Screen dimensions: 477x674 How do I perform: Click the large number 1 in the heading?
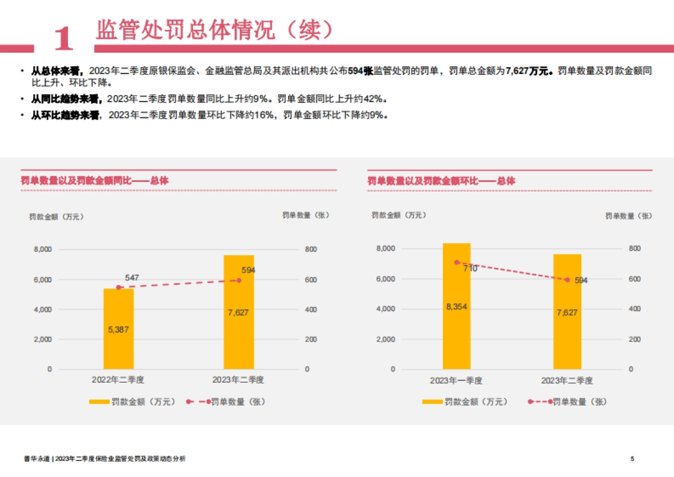(x=64, y=38)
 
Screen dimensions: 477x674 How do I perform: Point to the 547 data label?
(x=132, y=278)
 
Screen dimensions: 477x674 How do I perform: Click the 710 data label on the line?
(x=470, y=269)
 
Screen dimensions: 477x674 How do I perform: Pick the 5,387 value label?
(x=119, y=330)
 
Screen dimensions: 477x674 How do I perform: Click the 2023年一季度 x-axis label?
(x=456, y=380)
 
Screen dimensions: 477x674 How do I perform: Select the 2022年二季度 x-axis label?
(x=119, y=380)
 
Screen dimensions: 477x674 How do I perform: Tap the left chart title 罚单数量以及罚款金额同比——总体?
(x=94, y=181)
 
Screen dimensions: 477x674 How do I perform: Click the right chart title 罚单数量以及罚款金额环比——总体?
(x=441, y=181)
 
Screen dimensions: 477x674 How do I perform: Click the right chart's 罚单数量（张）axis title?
(x=629, y=216)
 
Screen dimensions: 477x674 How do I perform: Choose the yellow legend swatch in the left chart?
(x=99, y=402)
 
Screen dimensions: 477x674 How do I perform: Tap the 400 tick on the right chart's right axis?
(x=634, y=309)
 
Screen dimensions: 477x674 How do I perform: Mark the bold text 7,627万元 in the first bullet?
(x=529, y=71)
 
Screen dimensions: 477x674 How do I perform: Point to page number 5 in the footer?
(x=632, y=459)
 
